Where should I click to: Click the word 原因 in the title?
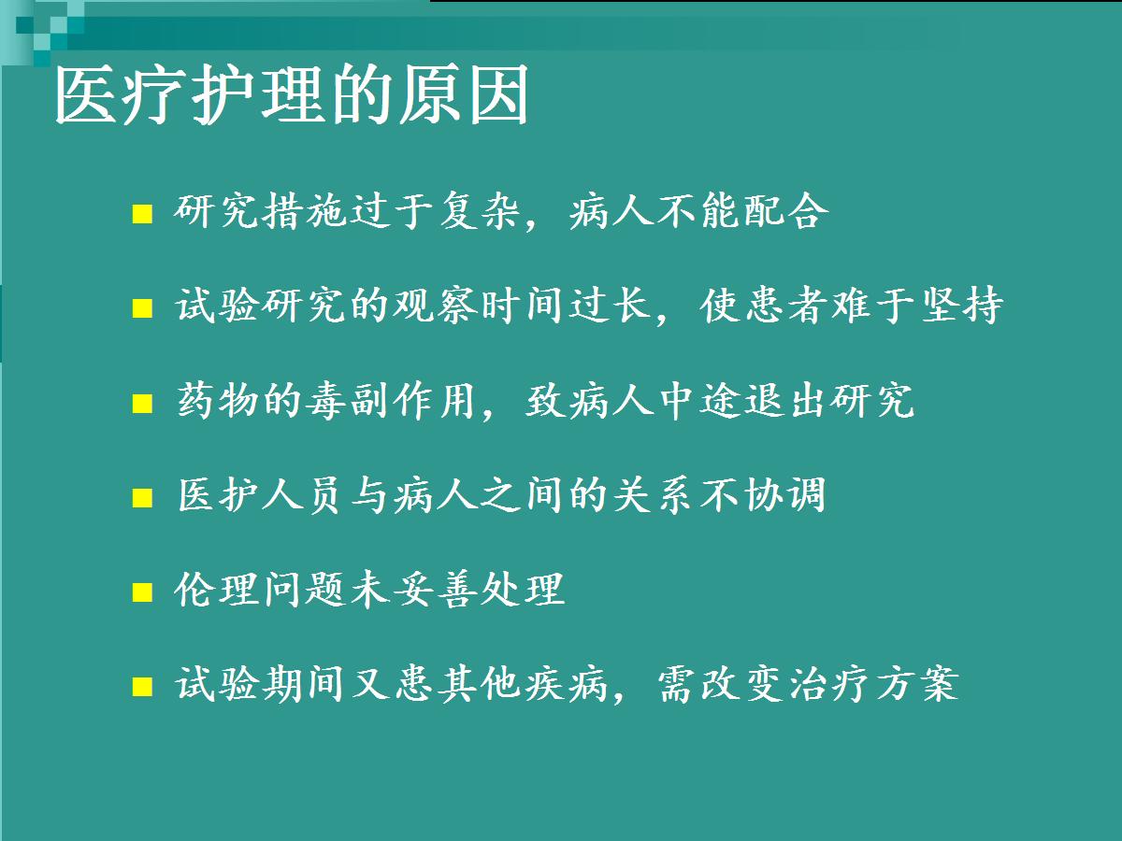coord(464,95)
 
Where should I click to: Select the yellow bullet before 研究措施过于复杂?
coord(142,214)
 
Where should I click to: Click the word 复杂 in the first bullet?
coord(480,210)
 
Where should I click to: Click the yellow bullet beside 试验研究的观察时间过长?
coord(142,308)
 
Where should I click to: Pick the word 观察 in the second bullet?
coord(434,305)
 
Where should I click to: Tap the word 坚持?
coord(962,305)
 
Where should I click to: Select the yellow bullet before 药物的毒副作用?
coord(142,404)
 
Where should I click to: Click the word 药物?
coord(218,400)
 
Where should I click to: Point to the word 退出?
coord(785,400)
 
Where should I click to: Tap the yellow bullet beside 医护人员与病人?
coord(142,498)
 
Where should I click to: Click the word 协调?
coord(785,495)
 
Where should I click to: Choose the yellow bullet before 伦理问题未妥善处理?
coord(142,592)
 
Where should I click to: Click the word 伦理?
coord(216,590)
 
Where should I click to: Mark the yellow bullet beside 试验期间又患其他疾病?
coord(142,687)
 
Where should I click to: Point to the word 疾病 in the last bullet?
coord(567,684)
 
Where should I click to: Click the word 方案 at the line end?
coord(917,684)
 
